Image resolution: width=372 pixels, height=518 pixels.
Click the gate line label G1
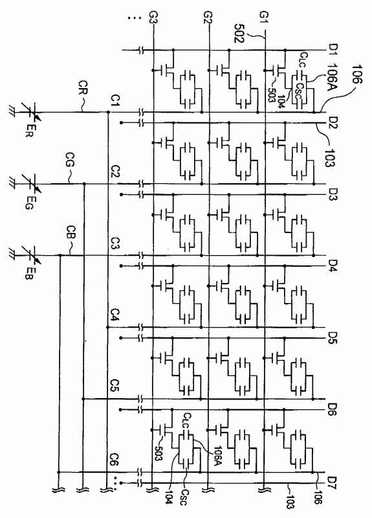(x=265, y=17)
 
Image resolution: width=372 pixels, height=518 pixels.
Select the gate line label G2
(x=208, y=17)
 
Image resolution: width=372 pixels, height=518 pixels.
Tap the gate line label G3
(x=153, y=17)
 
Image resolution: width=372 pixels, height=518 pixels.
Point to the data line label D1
(x=332, y=50)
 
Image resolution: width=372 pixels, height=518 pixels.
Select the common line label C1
(x=116, y=100)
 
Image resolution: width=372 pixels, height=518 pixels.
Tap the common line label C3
(x=115, y=243)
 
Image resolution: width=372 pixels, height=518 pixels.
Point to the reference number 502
(x=239, y=33)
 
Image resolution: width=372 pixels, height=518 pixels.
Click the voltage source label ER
(x=29, y=131)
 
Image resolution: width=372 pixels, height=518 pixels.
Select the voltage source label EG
(x=29, y=203)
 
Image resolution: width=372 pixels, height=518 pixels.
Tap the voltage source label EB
(x=29, y=274)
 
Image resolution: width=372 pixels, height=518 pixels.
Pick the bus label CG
(x=70, y=159)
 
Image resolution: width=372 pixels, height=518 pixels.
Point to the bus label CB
(x=71, y=232)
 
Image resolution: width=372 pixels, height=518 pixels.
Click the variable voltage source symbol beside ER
(x=31, y=112)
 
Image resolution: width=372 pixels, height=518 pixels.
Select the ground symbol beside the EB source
(x=12, y=255)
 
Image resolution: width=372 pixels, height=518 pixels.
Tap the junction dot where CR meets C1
(x=108, y=112)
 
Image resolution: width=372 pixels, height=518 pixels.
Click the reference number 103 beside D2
(x=329, y=157)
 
